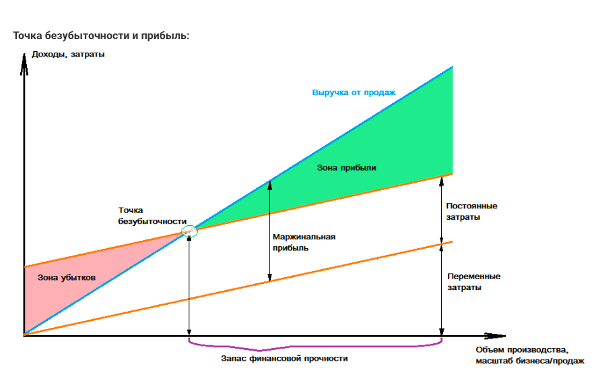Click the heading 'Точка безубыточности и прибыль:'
(101, 36)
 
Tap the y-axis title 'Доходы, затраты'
(68, 54)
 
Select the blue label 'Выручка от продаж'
(354, 92)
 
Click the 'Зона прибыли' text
(346, 168)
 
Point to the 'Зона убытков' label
(66, 277)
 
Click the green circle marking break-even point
(189, 231)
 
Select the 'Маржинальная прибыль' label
(304, 242)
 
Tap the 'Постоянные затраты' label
(471, 211)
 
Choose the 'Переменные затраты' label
(474, 281)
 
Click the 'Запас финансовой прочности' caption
(284, 358)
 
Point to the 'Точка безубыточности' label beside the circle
(152, 216)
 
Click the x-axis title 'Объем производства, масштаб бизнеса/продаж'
(530, 355)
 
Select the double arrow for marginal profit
(269, 231)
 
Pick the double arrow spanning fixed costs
(441, 210)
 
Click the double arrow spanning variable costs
(441, 290)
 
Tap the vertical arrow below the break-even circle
(189, 286)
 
